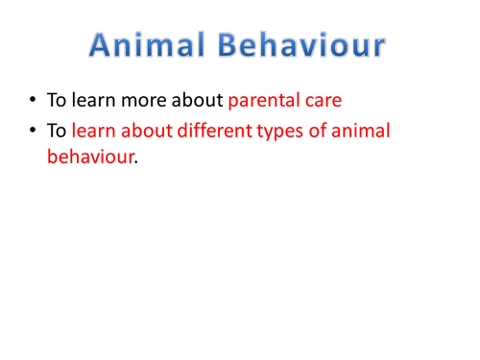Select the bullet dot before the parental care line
coord(35,100)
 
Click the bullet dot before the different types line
coord(35,132)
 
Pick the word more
coord(135,100)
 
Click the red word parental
coord(263,100)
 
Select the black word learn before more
coord(92,100)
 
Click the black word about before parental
coord(193,100)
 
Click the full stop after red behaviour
coord(136,162)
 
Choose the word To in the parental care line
coord(57,100)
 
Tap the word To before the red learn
coord(57,132)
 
